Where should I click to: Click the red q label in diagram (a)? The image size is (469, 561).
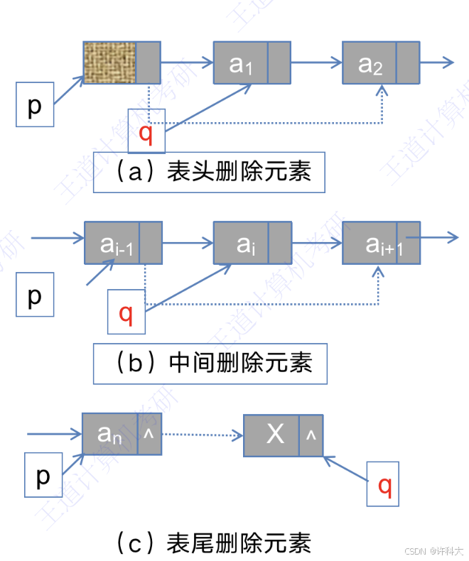[146, 131]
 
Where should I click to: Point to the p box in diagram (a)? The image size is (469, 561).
[35, 105]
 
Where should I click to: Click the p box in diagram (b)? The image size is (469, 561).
[35, 295]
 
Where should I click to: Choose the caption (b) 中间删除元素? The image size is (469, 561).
[211, 364]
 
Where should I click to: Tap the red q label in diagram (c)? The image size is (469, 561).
[384, 484]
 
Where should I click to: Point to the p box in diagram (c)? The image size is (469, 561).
[43, 475]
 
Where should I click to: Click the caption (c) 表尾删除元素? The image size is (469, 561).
[212, 543]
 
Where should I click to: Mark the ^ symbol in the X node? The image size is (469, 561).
[311, 435]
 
